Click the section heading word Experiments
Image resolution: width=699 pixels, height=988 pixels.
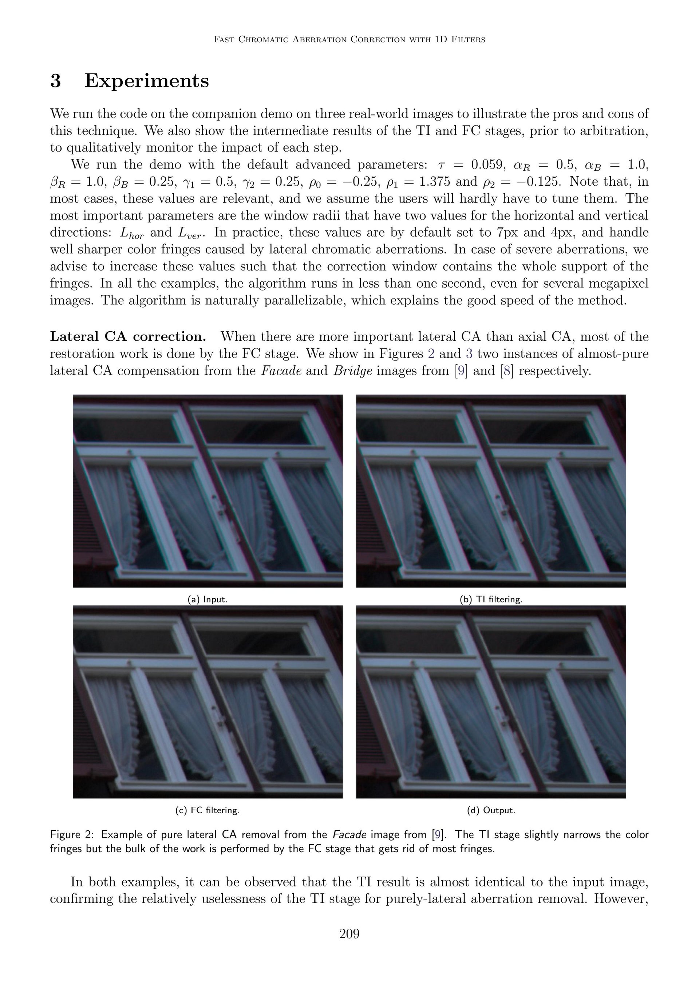tap(146, 81)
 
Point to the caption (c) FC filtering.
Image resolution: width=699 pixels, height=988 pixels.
tap(207, 810)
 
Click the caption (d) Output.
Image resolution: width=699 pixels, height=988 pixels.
tap(491, 810)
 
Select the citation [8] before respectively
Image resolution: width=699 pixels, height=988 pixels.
tap(507, 371)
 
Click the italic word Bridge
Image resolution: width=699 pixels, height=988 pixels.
tap(352, 371)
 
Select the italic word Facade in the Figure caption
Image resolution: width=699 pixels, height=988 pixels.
tap(349, 834)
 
